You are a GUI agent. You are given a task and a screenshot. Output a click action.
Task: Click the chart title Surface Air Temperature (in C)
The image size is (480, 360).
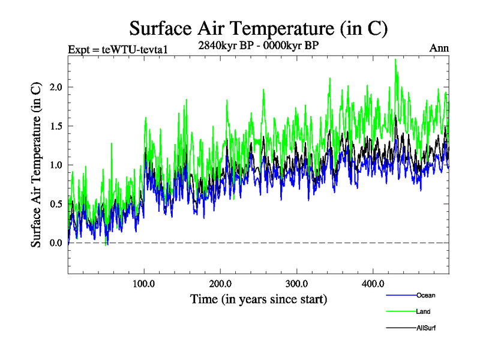[258, 28]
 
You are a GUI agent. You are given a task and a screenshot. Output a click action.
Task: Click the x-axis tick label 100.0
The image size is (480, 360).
[144, 283]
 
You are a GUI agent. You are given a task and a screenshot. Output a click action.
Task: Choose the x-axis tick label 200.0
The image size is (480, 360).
[221, 283]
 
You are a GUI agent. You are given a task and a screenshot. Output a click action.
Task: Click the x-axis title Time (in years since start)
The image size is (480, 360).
[259, 298]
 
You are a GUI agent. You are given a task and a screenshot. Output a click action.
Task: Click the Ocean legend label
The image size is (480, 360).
[425, 295]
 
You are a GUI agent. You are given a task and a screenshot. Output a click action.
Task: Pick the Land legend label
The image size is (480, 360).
[423, 311]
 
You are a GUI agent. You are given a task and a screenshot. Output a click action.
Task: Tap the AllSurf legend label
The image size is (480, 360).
[425, 328]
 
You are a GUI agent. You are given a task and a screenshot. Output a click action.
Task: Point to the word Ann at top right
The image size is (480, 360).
[439, 48]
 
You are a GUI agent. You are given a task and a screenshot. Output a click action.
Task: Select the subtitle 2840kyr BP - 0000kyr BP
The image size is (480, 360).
[258, 44]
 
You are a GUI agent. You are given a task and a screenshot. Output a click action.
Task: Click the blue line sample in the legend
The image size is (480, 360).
[399, 295]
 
